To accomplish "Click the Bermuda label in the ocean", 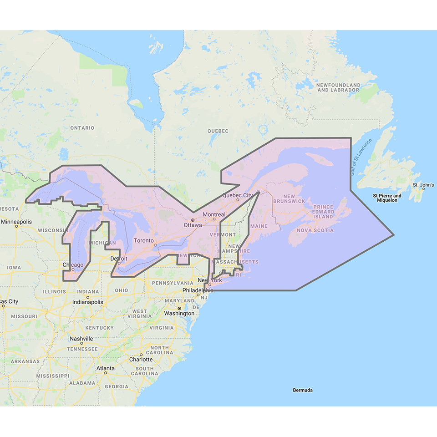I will pos(303,390).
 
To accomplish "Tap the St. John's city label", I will pos(423,185).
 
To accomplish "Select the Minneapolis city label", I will pos(16,222).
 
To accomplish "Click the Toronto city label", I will pos(143,241).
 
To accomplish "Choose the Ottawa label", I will pos(193,225).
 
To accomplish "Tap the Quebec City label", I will pos(237,195).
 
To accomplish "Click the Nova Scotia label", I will pos(315,230).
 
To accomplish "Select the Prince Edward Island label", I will pos(324,212).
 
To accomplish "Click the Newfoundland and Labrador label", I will pos(338,87).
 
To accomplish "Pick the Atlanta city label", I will pos(105,368).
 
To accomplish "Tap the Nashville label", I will pos(81,339).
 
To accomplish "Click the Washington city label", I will pos(179,313).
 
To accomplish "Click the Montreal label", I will pos(214,214).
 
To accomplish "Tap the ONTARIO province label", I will pos(82,128).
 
